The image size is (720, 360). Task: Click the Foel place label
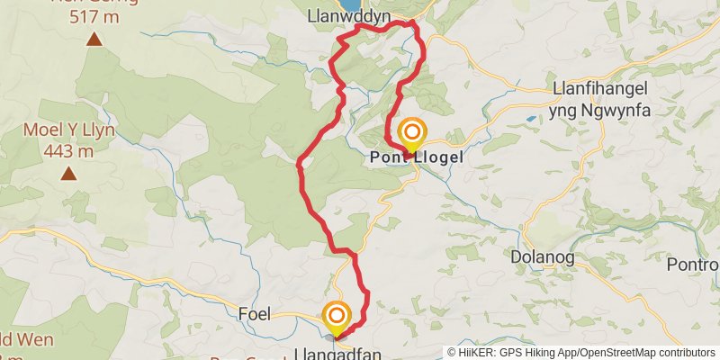pyautogui.click(x=255, y=316)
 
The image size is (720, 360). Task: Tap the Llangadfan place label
pyautogui.click(x=337, y=354)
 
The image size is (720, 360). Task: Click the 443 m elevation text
pyautogui.click(x=67, y=152)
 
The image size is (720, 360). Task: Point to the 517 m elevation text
pyautogui.click(x=94, y=15)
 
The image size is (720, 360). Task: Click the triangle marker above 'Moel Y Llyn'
pyautogui.click(x=68, y=174)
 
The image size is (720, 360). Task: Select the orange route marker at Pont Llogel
pyautogui.click(x=412, y=133)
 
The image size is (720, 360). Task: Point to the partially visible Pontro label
pyautogui.click(x=693, y=265)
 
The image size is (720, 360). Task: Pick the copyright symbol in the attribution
pyautogui.click(x=452, y=353)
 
